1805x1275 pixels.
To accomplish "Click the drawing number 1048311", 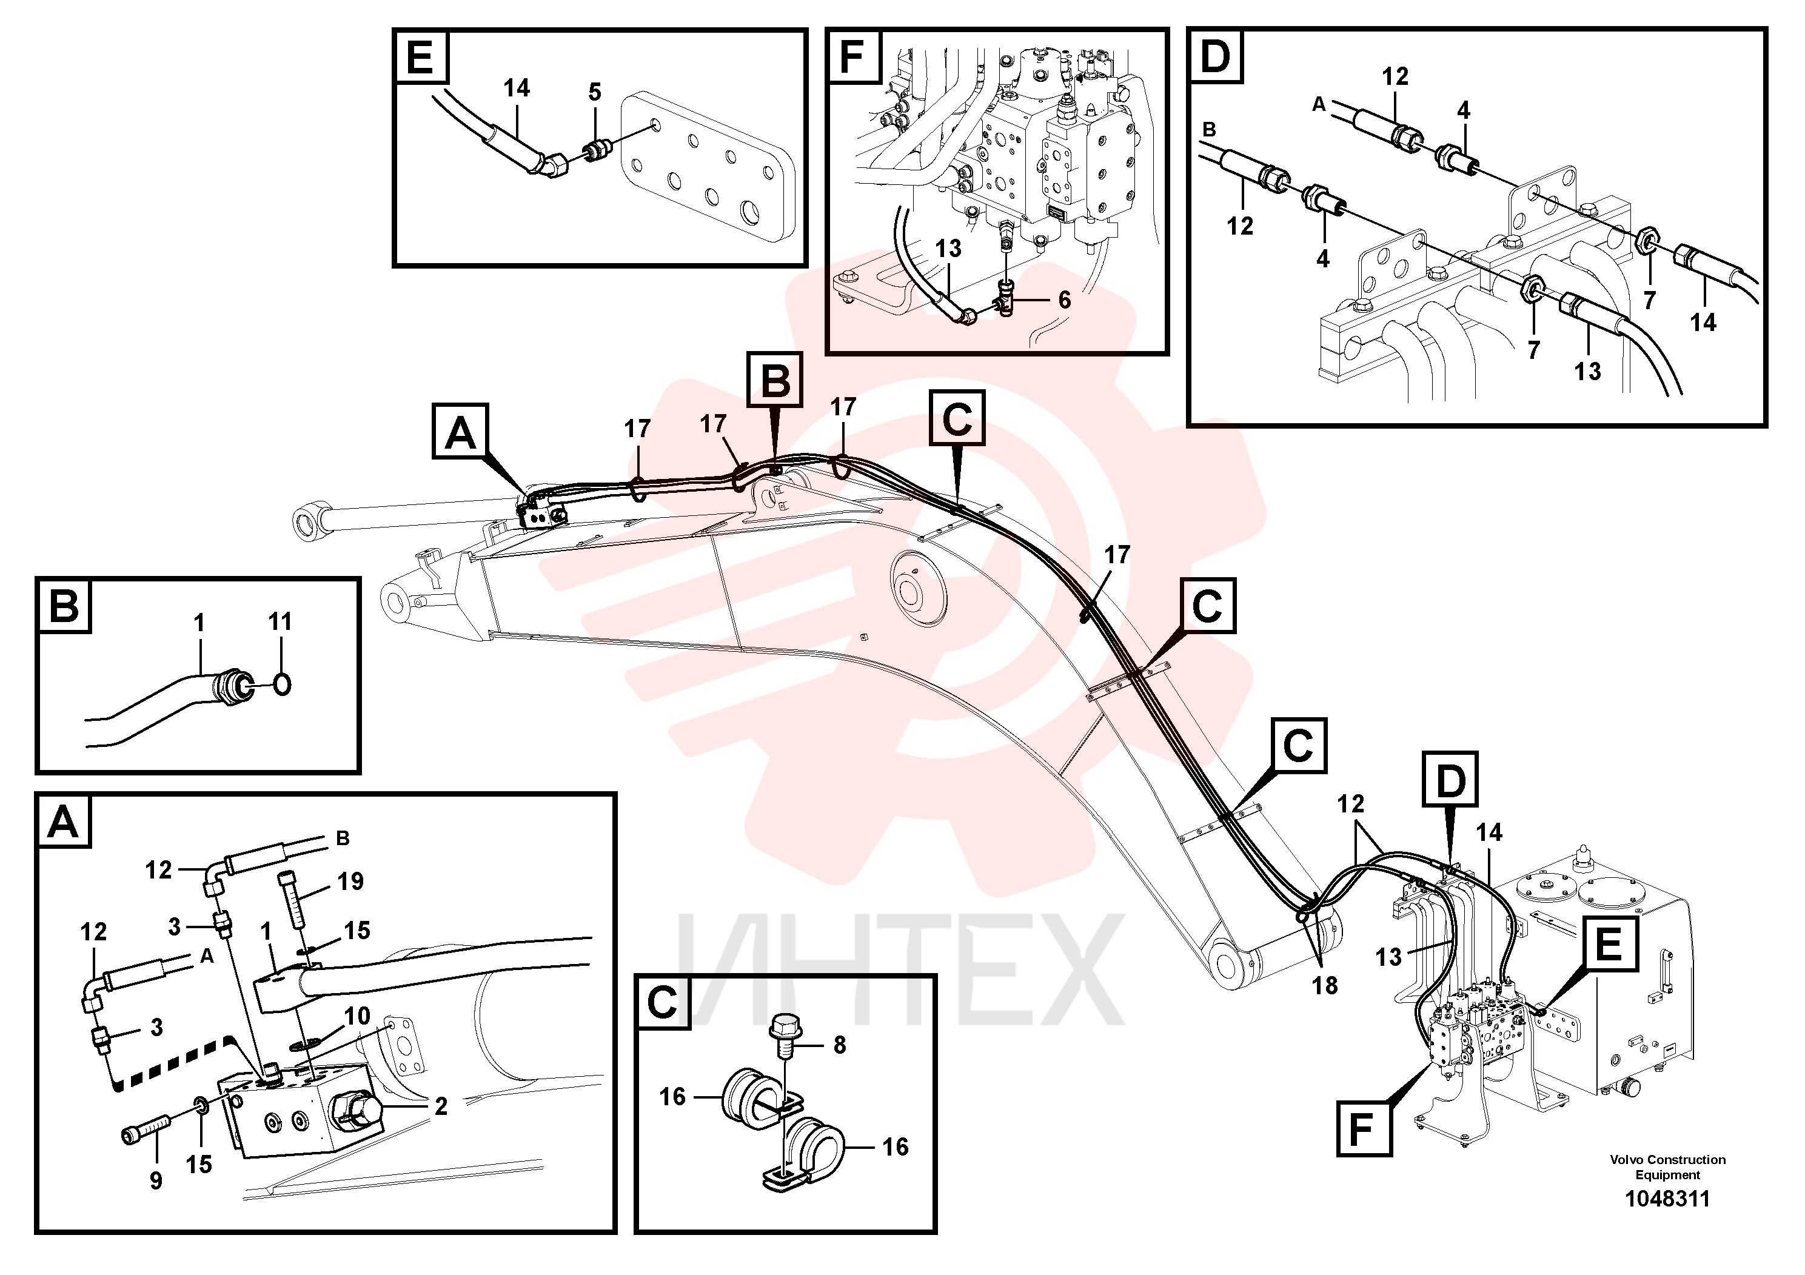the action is click(1667, 1199).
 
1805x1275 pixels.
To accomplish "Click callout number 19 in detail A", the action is click(350, 881).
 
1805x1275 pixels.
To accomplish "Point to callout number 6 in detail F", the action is click(1065, 300).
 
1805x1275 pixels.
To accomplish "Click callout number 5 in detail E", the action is click(595, 93).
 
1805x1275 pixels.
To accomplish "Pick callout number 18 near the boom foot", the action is click(1325, 985).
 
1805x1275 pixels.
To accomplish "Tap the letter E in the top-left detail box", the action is click(421, 58).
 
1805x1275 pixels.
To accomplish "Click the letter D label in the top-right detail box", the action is click(1216, 58).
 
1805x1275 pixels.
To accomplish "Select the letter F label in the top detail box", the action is click(852, 58).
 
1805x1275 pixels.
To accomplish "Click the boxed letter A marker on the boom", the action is click(461, 432).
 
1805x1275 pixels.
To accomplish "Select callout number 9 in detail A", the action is click(156, 1180).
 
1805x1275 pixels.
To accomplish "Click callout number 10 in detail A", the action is click(357, 1016).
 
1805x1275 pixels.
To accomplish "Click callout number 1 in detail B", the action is click(199, 623).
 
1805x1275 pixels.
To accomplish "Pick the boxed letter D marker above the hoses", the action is click(1450, 780).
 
